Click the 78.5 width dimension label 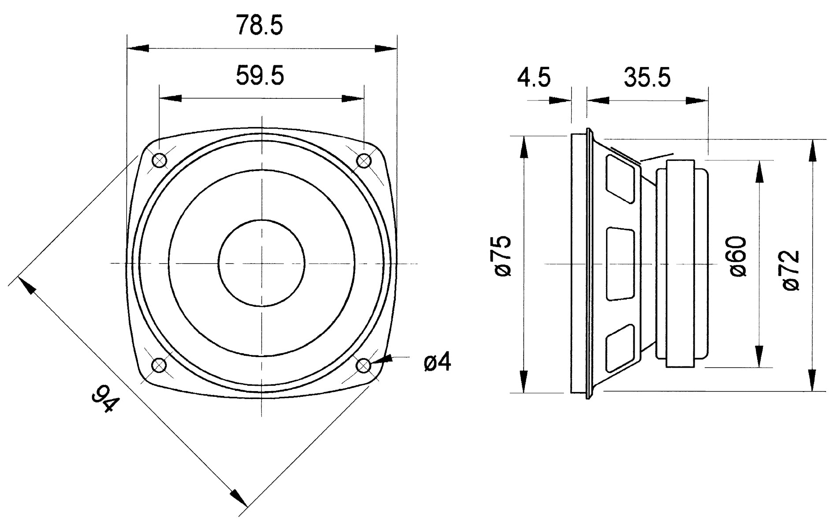[259, 26]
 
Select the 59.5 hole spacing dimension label [260, 75]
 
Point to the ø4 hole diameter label [437, 363]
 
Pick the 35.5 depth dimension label [647, 78]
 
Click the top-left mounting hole [159, 160]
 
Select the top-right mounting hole [363, 160]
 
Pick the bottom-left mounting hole [159, 365]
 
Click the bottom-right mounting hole [363, 365]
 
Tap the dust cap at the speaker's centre [262, 263]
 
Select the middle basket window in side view [621, 264]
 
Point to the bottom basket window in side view [621, 348]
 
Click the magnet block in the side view [682, 264]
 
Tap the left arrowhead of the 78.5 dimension [138, 48]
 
